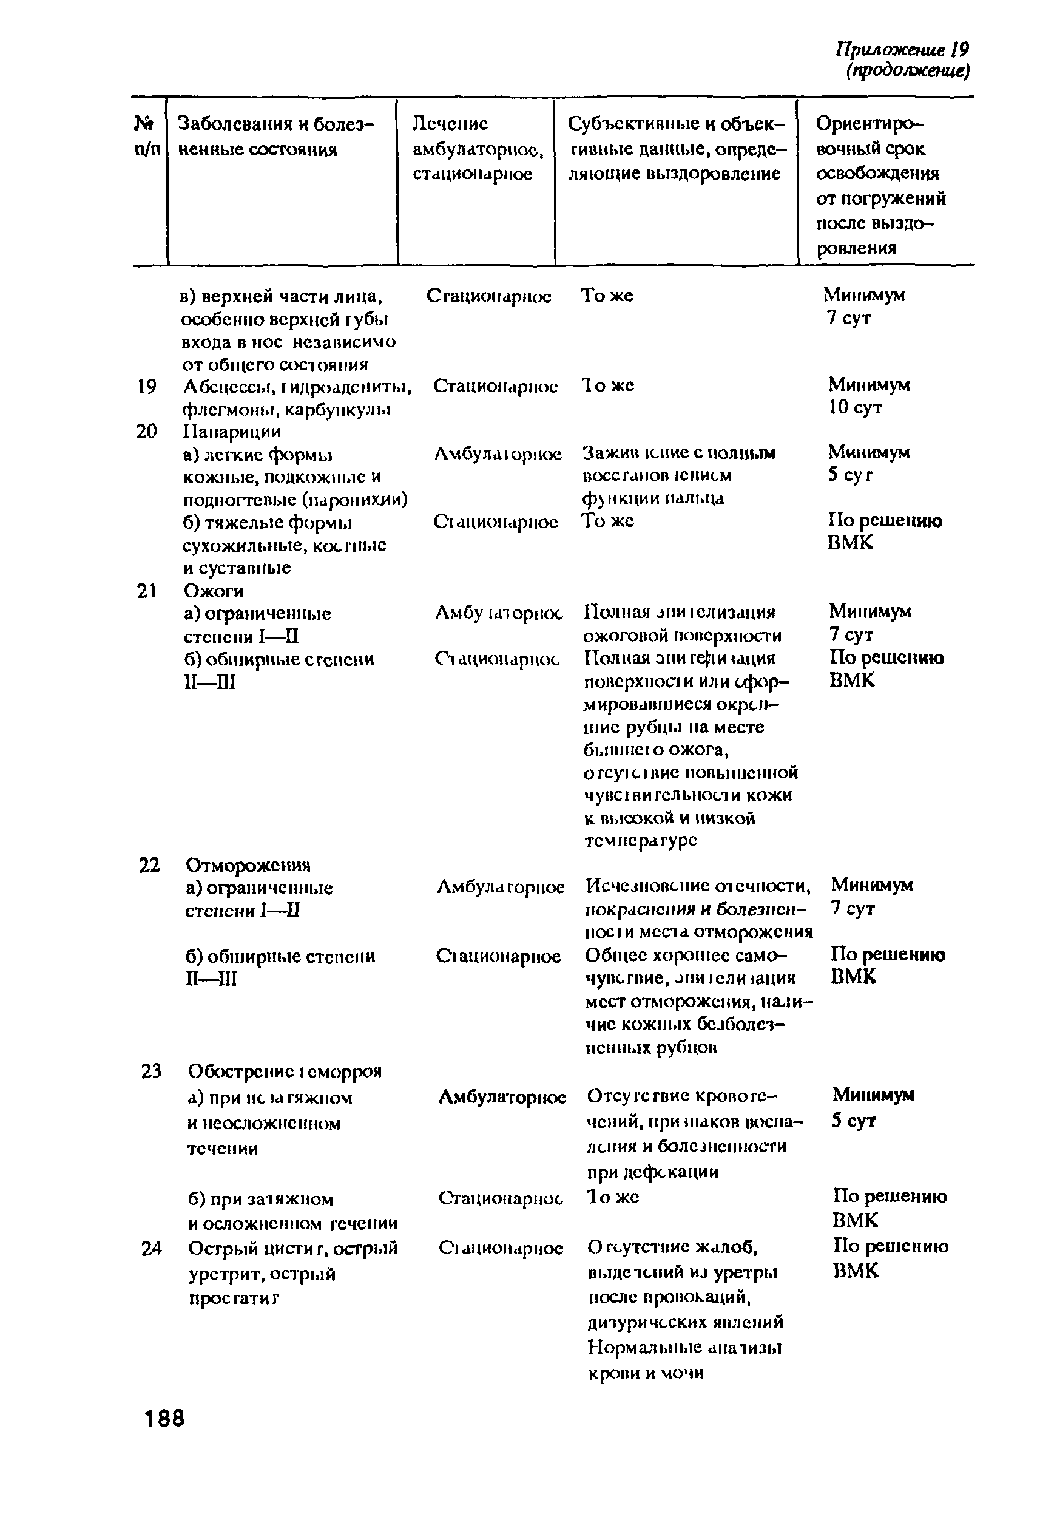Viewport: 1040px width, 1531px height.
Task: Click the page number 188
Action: (x=164, y=1417)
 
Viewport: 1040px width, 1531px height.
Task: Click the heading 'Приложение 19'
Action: (x=902, y=49)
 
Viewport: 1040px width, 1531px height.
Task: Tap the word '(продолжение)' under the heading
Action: (x=907, y=71)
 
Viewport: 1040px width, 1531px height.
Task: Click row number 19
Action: (x=146, y=387)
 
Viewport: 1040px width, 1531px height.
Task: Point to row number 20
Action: (x=146, y=432)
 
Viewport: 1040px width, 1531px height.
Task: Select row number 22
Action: (x=149, y=865)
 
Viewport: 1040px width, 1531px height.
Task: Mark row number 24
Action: (x=151, y=1248)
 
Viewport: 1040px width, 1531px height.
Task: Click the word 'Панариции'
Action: (x=231, y=432)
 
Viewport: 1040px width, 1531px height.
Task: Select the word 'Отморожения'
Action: (x=248, y=865)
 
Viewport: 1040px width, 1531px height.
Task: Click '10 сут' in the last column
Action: (x=854, y=408)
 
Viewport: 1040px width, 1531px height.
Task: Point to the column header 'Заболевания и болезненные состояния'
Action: (x=276, y=137)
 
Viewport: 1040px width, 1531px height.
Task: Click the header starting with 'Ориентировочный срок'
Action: (x=880, y=185)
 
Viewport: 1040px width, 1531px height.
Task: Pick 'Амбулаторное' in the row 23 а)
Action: (x=502, y=1098)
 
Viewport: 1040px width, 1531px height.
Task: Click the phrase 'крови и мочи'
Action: (x=645, y=1373)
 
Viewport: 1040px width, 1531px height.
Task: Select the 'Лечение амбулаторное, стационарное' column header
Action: (x=477, y=149)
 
